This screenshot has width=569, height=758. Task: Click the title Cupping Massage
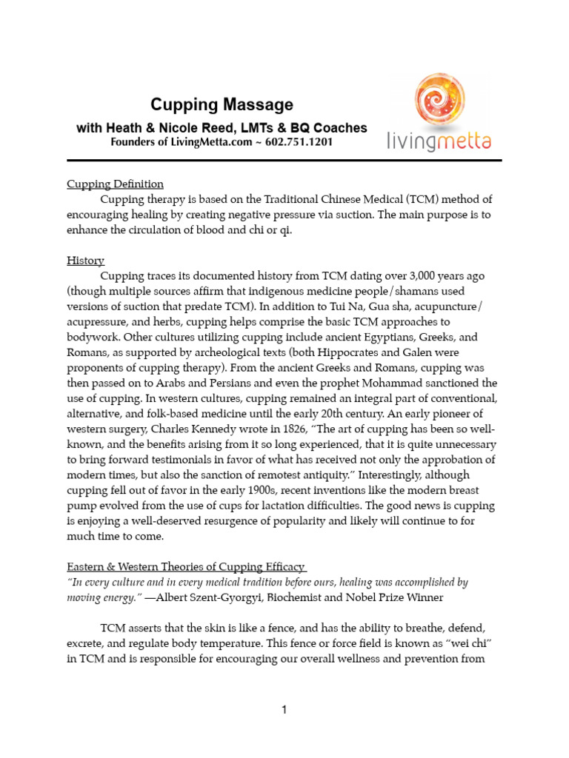click(222, 105)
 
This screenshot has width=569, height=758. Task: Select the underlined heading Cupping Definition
click(115, 184)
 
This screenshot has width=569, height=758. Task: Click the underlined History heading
click(86, 261)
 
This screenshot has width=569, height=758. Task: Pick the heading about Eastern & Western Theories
click(187, 567)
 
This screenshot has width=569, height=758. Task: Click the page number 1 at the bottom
click(284, 711)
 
